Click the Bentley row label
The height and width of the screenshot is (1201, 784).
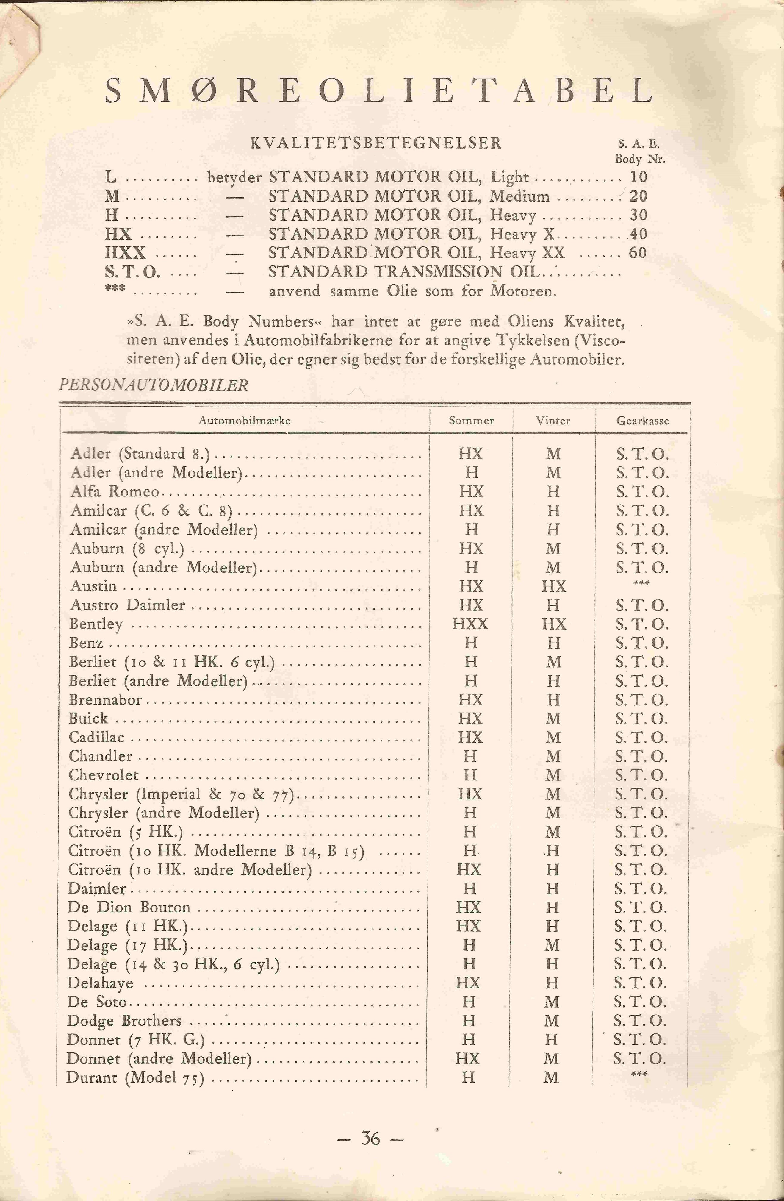pyautogui.click(x=96, y=624)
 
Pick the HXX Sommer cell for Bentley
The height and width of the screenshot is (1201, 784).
pyautogui.click(x=470, y=624)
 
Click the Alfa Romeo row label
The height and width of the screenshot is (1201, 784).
pyautogui.click(x=115, y=491)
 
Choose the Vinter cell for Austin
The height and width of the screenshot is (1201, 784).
pyautogui.click(x=554, y=586)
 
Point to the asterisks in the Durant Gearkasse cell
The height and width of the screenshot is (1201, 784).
pyautogui.click(x=639, y=1074)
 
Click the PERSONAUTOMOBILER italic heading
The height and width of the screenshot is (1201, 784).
pyautogui.click(x=154, y=385)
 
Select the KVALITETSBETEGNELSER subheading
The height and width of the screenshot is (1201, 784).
pyautogui.click(x=376, y=143)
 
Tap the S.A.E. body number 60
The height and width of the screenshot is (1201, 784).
pyautogui.click(x=638, y=253)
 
